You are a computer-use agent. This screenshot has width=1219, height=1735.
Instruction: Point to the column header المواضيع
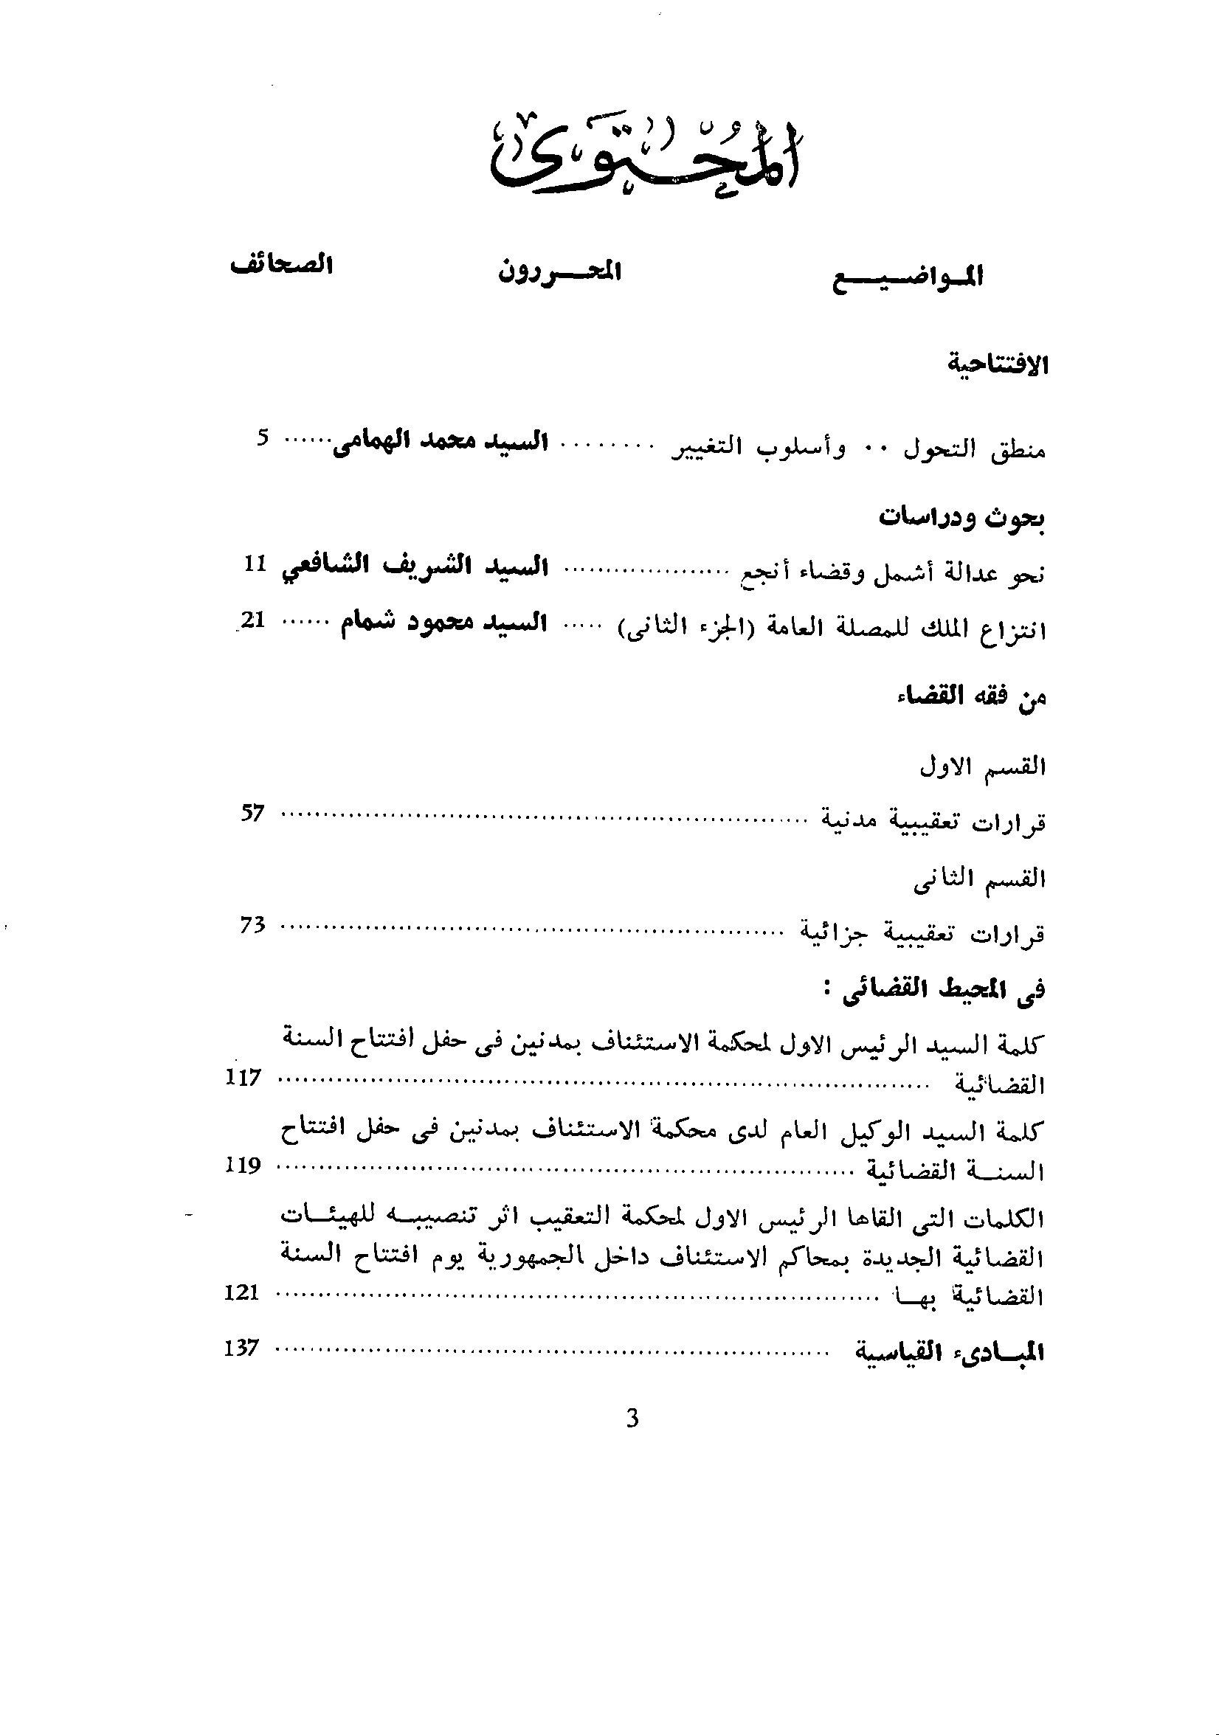coord(908,277)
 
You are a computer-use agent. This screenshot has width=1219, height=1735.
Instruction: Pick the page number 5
coord(261,439)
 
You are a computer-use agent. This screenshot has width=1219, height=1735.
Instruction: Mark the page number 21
coord(252,621)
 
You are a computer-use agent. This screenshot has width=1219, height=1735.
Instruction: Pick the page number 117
coord(243,1078)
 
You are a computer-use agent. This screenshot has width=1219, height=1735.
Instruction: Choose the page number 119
coord(243,1166)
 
